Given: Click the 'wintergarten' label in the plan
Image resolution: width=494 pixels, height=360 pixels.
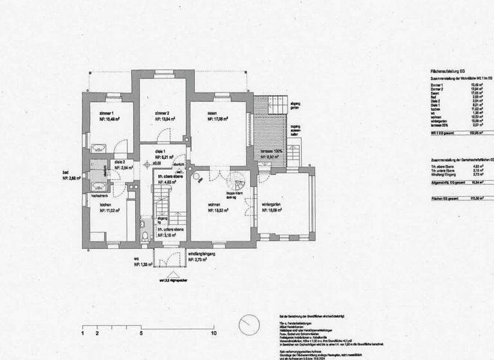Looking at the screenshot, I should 273,204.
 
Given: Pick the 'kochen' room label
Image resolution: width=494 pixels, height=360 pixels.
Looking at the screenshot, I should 105,204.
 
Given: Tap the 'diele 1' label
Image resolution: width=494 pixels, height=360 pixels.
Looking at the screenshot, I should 161,150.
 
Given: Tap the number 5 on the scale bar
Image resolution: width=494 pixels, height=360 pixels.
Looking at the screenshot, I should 140,334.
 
